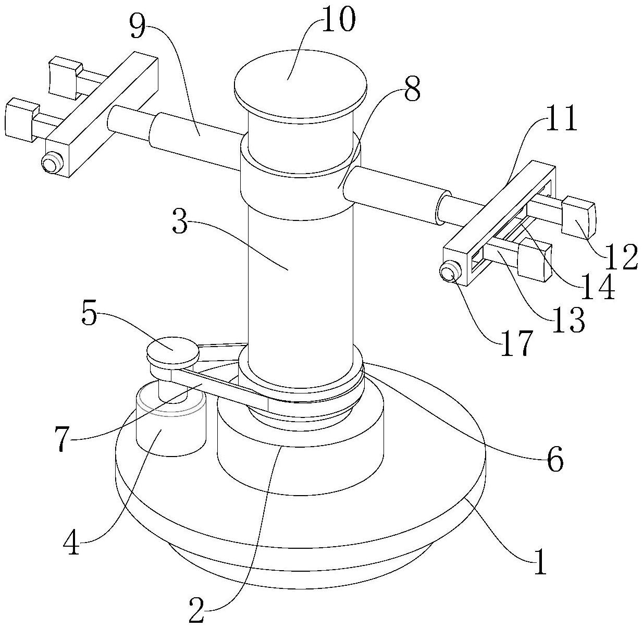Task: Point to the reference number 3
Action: [x=180, y=223]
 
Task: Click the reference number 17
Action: [x=516, y=344]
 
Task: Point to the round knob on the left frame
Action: [x=52, y=162]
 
